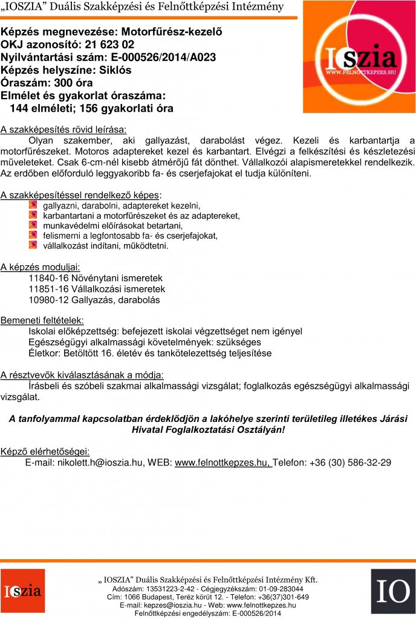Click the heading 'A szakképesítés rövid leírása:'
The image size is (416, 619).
(63, 129)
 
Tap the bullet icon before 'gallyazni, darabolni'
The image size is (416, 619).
(33, 206)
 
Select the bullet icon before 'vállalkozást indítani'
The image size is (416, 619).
(33, 245)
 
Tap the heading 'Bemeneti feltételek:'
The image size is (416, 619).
(42, 320)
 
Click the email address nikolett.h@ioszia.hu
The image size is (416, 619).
(98, 462)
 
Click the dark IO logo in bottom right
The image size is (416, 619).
(392, 591)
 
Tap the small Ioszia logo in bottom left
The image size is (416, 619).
(22, 591)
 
